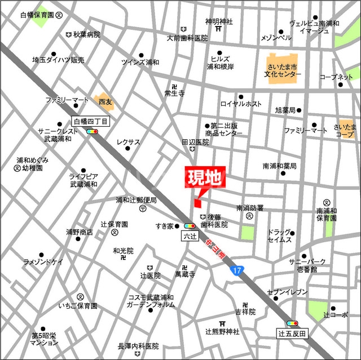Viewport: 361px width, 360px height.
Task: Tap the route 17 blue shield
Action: [237, 271]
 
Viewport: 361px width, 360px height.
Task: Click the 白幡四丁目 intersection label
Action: [94, 121]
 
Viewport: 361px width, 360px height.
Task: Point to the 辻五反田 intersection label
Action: [293, 334]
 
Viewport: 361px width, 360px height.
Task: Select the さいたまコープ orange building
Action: [345, 131]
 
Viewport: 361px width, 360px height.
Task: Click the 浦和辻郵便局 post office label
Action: [136, 200]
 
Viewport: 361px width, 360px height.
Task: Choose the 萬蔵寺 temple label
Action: [184, 274]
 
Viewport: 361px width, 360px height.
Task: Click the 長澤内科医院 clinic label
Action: [138, 346]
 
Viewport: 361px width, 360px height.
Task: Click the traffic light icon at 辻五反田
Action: [293, 323]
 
